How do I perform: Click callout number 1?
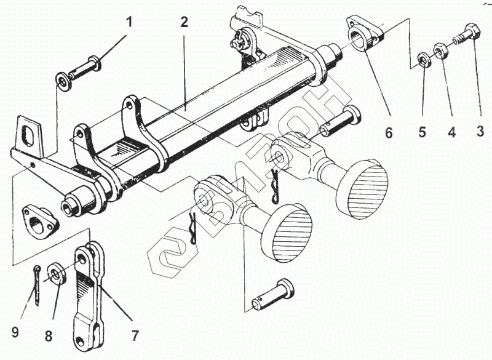pyautogui.click(x=129, y=23)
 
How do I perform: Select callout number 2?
pyautogui.click(x=184, y=23)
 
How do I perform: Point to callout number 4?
pyautogui.click(x=451, y=132)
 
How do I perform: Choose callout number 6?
pyautogui.click(x=389, y=132)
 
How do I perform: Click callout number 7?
pyautogui.click(x=133, y=336)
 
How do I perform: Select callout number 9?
pyautogui.click(x=15, y=334)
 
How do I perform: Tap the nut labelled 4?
pyautogui.click(x=441, y=49)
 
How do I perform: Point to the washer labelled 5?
pyautogui.click(x=424, y=60)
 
